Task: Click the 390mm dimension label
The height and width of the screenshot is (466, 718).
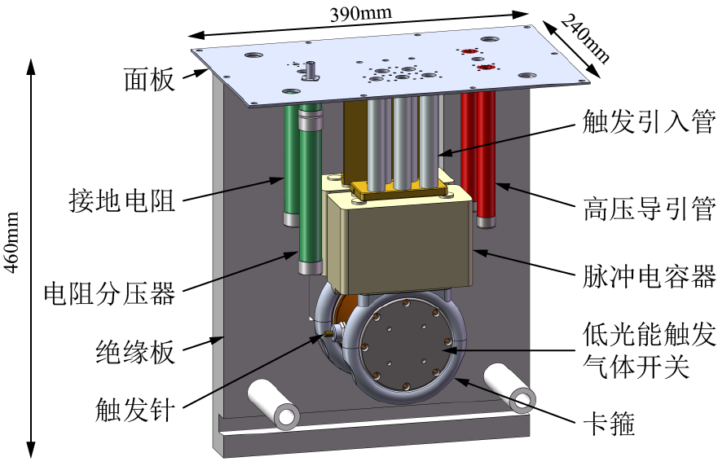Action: pos(359,14)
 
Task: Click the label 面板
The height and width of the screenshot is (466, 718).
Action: pos(149,80)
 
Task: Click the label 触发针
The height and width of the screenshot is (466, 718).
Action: pos(135,408)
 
